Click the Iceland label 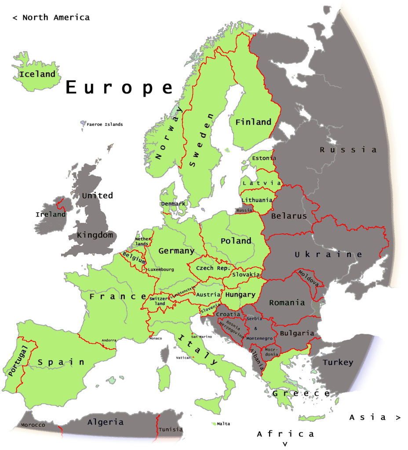tap(37, 74)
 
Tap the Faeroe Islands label tap(105, 124)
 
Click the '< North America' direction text tap(51, 18)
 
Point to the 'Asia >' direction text tap(375, 417)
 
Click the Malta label tap(223, 424)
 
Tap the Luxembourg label tap(161, 269)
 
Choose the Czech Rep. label tap(213, 268)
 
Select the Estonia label tap(264, 158)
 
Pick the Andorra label tap(109, 340)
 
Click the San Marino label tap(201, 337)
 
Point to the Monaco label tap(156, 338)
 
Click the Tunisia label tap(171, 429)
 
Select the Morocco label tap(33, 425)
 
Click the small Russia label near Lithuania tap(244, 210)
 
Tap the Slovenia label tap(210, 308)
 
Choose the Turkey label tap(338, 362)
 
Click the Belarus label tap(289, 216)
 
